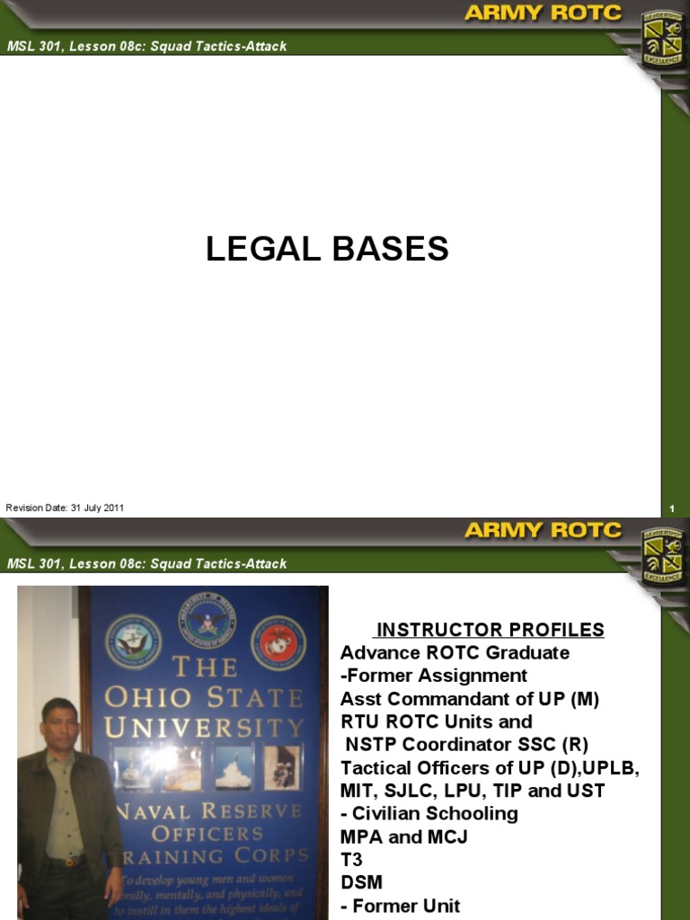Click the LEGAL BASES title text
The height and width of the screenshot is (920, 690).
pyautogui.click(x=327, y=249)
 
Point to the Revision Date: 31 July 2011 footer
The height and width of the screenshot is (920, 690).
pyautogui.click(x=65, y=508)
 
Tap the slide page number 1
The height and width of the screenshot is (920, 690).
pyautogui.click(x=671, y=509)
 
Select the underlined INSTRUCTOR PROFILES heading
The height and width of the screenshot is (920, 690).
pyautogui.click(x=490, y=630)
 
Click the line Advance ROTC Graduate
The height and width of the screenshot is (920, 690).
pyautogui.click(x=455, y=652)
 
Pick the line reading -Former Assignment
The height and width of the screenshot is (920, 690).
pyautogui.click(x=434, y=675)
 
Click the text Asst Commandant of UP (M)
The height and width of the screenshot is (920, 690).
pyautogui.click(x=469, y=698)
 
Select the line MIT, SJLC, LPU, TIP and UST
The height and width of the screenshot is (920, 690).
pyautogui.click(x=473, y=791)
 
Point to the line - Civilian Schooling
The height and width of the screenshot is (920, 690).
pyautogui.click(x=429, y=813)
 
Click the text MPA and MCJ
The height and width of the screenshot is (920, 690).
pyautogui.click(x=403, y=836)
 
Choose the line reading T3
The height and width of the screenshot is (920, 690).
pyautogui.click(x=351, y=860)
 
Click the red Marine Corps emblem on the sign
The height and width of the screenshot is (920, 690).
pyautogui.click(x=278, y=641)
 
